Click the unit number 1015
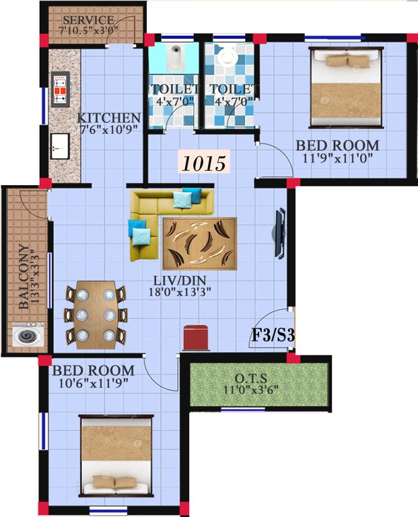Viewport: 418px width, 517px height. point(203,162)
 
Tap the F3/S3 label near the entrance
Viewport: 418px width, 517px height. point(273,335)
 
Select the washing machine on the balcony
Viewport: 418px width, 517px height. point(26,335)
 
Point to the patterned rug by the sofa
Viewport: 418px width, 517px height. point(199,244)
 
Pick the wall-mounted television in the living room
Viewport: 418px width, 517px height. point(278,232)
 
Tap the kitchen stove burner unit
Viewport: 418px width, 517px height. point(61,90)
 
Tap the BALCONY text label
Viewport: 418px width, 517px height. point(24,275)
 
